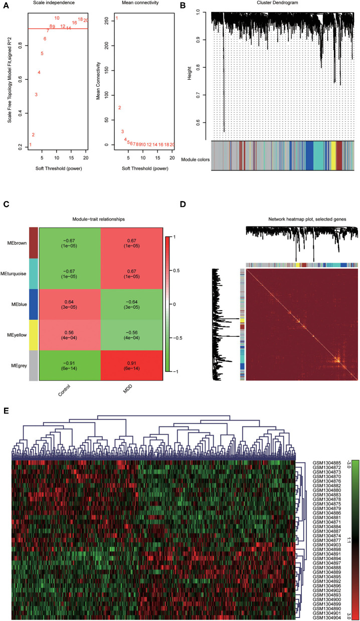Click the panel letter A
pyautogui.click(x=5, y=6)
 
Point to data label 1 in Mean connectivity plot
pyautogui.click(x=117, y=19)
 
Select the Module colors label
pyautogui.click(x=196, y=160)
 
